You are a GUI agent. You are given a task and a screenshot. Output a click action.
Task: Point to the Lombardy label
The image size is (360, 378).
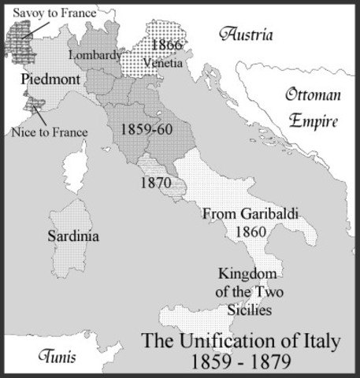95,55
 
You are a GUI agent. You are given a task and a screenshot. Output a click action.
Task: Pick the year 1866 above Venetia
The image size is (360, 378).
167,45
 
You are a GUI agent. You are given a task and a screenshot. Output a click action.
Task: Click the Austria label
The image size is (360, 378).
247,35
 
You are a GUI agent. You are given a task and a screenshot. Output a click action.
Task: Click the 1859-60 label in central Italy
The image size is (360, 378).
148,128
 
